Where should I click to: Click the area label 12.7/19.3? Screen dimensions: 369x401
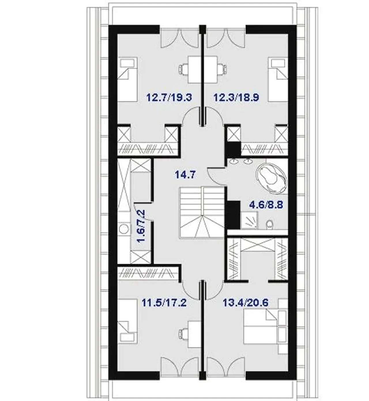tap(169, 98)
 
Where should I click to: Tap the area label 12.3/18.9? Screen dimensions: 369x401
tap(236, 98)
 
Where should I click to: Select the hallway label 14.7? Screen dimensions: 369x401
tap(185, 175)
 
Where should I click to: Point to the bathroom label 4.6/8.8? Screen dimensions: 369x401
tap(267, 205)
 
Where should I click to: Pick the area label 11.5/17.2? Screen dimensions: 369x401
tap(164, 303)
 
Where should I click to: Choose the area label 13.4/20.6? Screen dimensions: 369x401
tap(246, 303)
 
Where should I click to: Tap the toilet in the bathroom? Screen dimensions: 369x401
tap(270, 225)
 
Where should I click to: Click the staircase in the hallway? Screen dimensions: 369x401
tap(202, 213)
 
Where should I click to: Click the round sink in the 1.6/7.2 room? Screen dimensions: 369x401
tap(124, 228)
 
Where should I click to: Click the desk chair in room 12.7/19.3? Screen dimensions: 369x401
tap(183, 69)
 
